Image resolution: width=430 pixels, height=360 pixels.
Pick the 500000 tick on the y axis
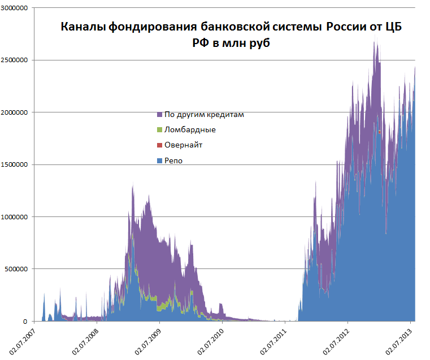[18, 268]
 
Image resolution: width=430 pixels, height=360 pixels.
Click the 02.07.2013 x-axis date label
[399, 339]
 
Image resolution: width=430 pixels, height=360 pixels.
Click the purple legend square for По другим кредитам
[160, 115]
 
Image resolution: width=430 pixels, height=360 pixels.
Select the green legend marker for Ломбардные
[160, 130]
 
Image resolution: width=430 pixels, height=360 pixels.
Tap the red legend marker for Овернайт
[160, 145]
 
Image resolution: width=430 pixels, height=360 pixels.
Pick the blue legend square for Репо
[160, 161]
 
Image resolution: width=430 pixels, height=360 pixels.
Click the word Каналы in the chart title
[80, 27]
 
